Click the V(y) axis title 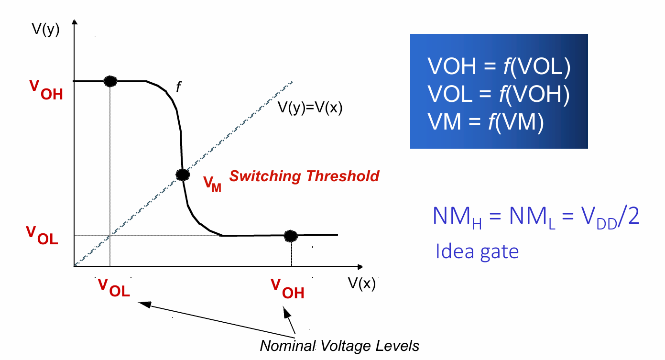[x=45, y=29]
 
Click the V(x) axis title [x=362, y=284]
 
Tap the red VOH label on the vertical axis [x=46, y=90]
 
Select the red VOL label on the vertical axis [x=42, y=235]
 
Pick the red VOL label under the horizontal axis [x=114, y=287]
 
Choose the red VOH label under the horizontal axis [x=287, y=289]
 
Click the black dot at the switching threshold [x=183, y=175]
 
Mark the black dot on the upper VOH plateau [x=110, y=81]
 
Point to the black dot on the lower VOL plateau [x=291, y=236]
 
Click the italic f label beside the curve [x=178, y=87]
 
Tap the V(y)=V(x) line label [x=310, y=108]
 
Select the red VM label [x=212, y=184]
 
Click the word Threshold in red [x=343, y=176]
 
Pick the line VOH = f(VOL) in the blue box [x=499, y=66]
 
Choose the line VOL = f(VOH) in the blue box [x=499, y=94]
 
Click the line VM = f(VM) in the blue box [x=485, y=122]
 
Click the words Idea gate [x=477, y=251]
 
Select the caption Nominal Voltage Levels [x=339, y=346]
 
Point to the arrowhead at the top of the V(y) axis [x=75, y=22]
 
